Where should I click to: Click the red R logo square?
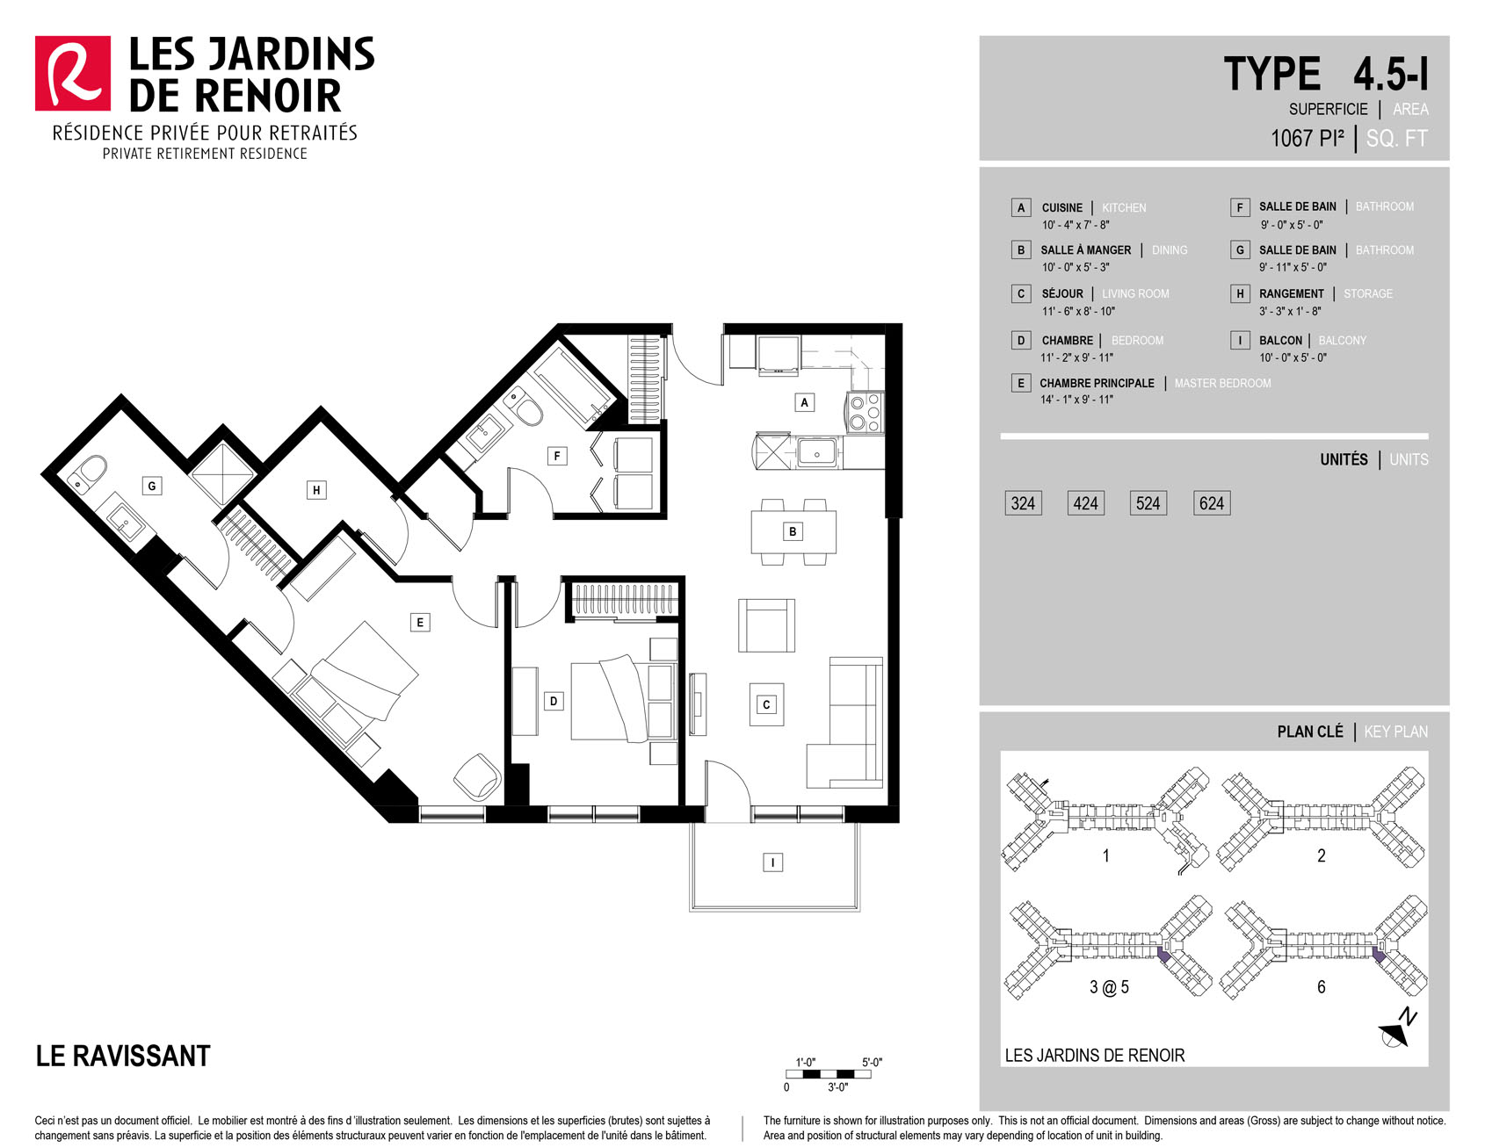[73, 73]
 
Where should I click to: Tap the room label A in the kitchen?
[804, 402]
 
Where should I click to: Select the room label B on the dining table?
[793, 531]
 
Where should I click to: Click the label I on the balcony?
[772, 862]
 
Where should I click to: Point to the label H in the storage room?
[316, 490]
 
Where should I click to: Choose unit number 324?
[1023, 503]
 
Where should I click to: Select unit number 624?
[1211, 503]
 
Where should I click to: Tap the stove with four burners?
[864, 412]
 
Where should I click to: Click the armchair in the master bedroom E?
[478, 775]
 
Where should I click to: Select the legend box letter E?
[1020, 383]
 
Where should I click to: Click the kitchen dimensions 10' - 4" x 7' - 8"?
[1075, 225]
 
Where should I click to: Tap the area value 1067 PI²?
[1307, 138]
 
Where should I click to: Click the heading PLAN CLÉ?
[1310, 732]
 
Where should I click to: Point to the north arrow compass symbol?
[1396, 1030]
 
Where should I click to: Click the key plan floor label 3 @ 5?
[1109, 987]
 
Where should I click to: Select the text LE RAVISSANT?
[123, 1056]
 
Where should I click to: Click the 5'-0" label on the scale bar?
[872, 1062]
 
